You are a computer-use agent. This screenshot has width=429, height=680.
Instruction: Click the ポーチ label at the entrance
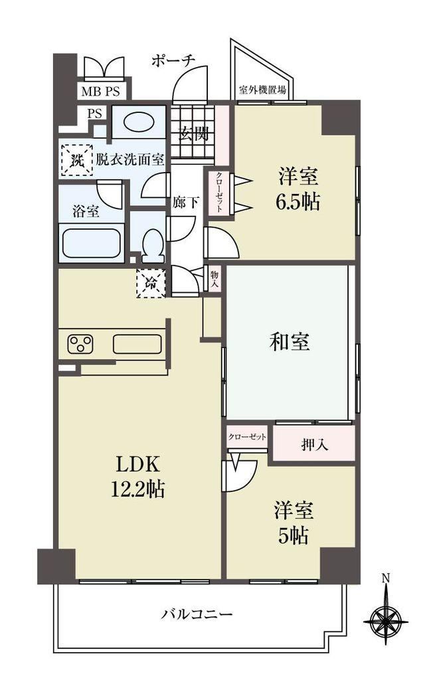173,61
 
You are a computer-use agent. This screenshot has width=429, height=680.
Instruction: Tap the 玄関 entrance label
193,135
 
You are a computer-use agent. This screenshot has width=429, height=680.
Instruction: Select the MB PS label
100,92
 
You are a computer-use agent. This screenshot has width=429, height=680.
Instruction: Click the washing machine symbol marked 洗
76,160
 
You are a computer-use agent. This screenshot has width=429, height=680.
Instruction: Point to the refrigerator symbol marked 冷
151,283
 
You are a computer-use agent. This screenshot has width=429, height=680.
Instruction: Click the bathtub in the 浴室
91,243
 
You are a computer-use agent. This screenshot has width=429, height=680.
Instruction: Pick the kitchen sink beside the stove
137,345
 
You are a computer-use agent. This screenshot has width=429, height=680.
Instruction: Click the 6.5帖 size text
298,202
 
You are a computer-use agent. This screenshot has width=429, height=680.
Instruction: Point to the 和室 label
290,342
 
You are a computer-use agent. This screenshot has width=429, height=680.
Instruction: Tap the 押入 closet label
315,445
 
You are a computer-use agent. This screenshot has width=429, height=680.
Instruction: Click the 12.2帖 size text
138,489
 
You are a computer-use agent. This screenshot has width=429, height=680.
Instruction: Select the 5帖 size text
294,536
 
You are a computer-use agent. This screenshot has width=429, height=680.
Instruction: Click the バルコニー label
198,614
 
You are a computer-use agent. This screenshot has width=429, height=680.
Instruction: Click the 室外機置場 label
262,90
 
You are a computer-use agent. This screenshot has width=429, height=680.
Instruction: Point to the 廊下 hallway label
186,202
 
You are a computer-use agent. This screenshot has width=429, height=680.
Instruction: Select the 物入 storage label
214,280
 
